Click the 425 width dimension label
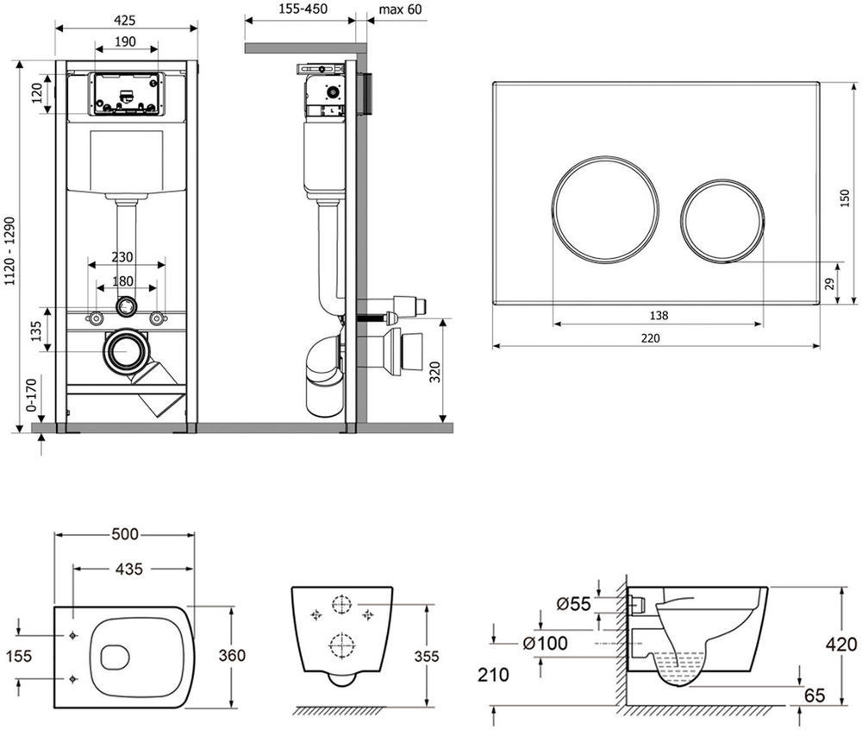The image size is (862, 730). coord(125,21)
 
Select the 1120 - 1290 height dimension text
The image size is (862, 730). coord(9,251)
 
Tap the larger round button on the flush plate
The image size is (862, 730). coord(605,209)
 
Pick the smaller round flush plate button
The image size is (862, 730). coord(722,221)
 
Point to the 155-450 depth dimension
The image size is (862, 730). coord(303,9)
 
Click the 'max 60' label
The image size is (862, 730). coord(400,9)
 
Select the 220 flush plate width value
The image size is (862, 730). coord(650,337)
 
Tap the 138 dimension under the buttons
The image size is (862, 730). coord(659,315)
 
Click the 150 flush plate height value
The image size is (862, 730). coord(845,198)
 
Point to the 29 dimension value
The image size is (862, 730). coord(829,284)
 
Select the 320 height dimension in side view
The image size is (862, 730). coord(434,373)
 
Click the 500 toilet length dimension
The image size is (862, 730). coord(125,534)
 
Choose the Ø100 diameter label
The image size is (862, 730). coord(546,643)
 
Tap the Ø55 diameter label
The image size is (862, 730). coord(573,603)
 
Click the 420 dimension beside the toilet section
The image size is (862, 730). coord(841,645)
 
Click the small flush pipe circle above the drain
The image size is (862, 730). coord(126,306)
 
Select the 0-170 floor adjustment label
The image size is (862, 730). coord(32,394)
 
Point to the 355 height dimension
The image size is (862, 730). coord(427,657)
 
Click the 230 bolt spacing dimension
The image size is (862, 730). coord(122,257)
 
